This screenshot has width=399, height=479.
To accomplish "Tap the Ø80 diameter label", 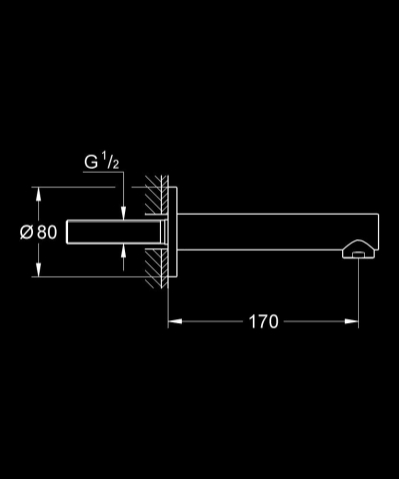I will (x=37, y=233).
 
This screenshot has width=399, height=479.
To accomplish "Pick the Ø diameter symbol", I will (x=27, y=233).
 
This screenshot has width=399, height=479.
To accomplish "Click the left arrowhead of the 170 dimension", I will (x=171, y=322).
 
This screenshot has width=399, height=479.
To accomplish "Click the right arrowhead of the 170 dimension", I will (x=355, y=322).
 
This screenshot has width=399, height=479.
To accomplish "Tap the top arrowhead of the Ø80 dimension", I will (x=38, y=191).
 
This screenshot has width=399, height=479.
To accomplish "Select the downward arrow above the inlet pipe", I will (x=123, y=209).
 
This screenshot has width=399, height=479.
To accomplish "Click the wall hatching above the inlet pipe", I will (x=153, y=196).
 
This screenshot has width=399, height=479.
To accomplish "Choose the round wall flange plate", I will (x=171, y=232).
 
